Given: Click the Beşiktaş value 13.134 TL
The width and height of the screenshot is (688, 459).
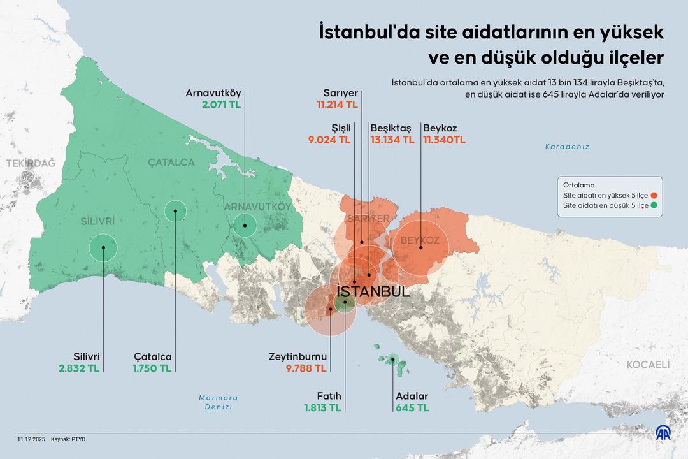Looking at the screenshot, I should tap(392, 139).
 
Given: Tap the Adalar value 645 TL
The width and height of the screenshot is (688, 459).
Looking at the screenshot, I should tap(412, 407).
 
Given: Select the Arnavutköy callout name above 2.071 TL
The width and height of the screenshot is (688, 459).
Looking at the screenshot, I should tap(213, 92).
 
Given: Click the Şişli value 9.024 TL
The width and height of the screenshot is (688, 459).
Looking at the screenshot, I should tap(329, 139).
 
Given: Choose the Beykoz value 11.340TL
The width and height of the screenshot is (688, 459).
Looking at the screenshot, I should tap(445, 139).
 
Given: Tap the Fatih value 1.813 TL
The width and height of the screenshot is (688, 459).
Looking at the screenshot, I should tap(322, 407).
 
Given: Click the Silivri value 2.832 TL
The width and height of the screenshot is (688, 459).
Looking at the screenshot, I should tap(79, 368).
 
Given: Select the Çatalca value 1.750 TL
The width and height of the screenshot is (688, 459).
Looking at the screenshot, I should tap(152, 368).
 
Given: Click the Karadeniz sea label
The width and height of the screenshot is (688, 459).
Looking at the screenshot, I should tap(567, 147).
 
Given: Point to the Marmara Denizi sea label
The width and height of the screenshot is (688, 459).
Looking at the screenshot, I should tap(219, 402).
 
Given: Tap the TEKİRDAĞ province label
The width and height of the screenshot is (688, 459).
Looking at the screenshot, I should tap(31, 163).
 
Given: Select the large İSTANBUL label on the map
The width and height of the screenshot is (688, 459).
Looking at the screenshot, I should tap(373, 291).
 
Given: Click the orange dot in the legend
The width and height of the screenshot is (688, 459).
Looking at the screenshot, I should tap(654, 195).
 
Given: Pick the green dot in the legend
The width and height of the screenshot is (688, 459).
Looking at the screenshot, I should tap(654, 206).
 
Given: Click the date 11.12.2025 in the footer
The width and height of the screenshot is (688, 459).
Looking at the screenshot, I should tap(31, 440).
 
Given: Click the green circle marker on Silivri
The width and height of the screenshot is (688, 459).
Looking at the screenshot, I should tap(103, 248).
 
